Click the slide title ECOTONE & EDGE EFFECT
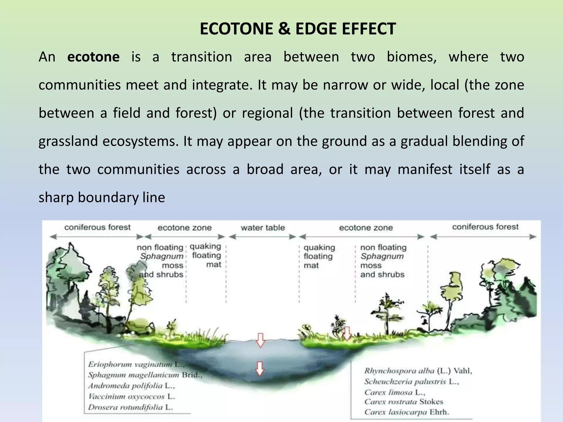point(298,29)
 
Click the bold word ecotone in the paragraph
point(93,57)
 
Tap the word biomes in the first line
point(412,57)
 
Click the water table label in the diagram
point(263,228)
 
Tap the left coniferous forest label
point(97,227)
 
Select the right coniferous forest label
point(485,227)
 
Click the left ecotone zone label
point(184,228)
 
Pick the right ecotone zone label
point(366,228)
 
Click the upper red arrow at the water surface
point(260,340)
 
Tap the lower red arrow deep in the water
point(260,368)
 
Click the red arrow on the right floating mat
point(347,333)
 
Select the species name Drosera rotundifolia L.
point(130,407)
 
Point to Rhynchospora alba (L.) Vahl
point(418,371)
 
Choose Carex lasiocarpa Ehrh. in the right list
point(407,412)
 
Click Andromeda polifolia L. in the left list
point(131,386)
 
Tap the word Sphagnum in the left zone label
point(162,256)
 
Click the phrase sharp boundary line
point(102,198)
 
